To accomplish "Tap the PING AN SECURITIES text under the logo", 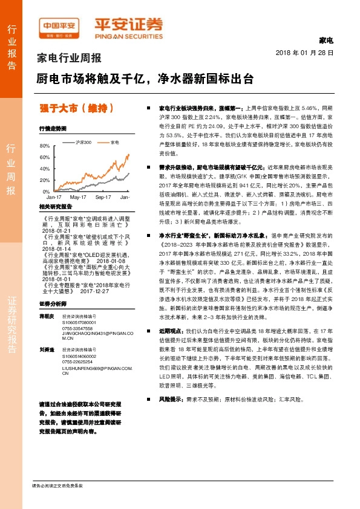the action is click(128, 35).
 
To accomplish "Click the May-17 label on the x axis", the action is click(78, 197).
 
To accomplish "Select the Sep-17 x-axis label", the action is click(104, 197).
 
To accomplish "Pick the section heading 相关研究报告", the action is click(51, 207).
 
